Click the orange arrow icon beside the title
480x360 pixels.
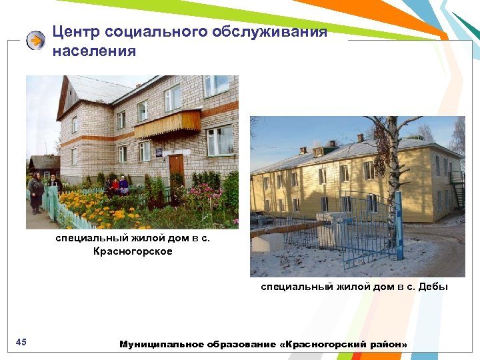point(35,41)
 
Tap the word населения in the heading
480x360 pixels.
point(94,51)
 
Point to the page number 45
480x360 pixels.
point(21,342)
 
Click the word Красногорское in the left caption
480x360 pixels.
point(133,251)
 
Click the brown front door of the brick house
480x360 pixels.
point(176,170)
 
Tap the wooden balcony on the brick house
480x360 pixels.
point(167,123)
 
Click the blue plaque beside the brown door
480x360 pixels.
point(159,152)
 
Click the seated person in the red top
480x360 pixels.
point(115,185)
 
